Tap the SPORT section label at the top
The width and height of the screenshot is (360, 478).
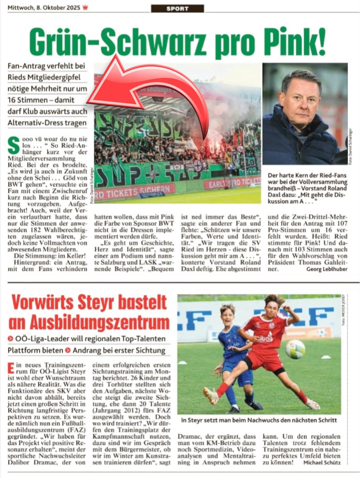(x=177, y=9)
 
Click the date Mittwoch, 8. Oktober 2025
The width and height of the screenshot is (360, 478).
(x=44, y=8)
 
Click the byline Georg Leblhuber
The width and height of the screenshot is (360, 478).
(x=327, y=269)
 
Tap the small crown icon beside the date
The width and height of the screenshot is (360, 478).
(x=85, y=8)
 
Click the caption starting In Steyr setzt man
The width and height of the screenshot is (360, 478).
(x=259, y=420)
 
